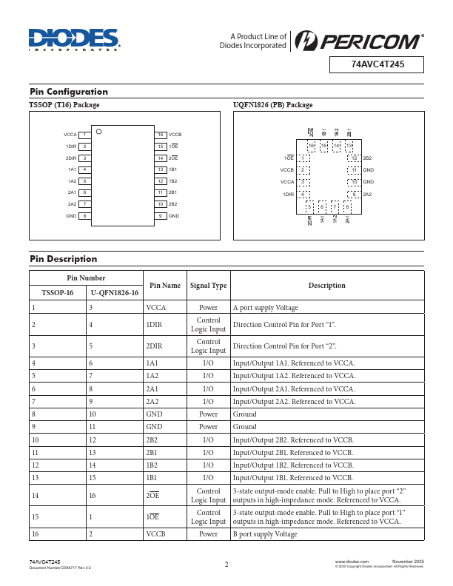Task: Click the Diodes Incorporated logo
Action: [74, 41]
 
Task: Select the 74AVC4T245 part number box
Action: [377, 65]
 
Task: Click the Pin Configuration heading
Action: [69, 92]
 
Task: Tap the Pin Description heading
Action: [64, 259]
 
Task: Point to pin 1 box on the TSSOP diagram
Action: [85, 135]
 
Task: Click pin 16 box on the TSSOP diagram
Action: [160, 135]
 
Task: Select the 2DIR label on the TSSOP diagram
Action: [71, 158]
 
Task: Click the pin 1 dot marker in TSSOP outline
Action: [99, 132]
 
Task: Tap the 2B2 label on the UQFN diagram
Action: [367, 159]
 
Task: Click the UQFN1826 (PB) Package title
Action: [273, 105]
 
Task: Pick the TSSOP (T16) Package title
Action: [64, 105]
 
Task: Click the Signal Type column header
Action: [208, 285]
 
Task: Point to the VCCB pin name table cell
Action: [155, 533]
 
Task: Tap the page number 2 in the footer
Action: [226, 565]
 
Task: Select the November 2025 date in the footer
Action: [408, 562]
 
